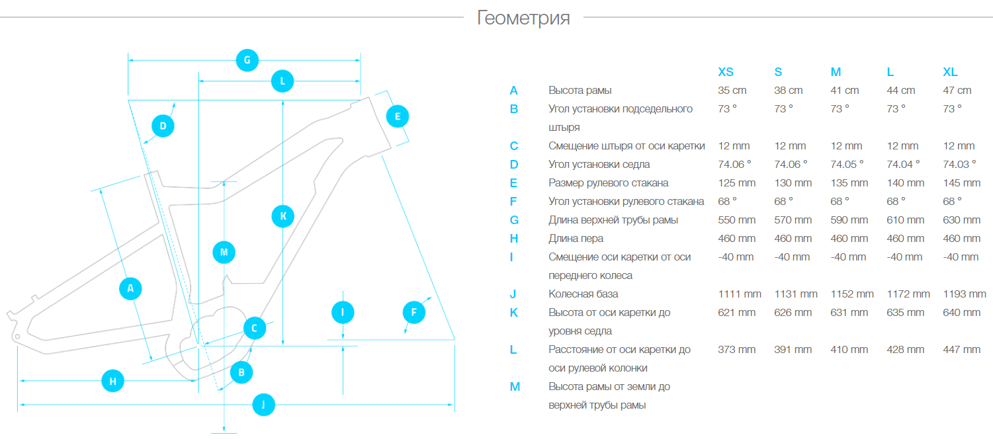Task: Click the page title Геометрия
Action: (523, 18)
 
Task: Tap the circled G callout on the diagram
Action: (247, 60)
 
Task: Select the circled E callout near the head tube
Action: (397, 116)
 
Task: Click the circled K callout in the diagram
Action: (283, 216)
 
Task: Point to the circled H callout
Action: (113, 381)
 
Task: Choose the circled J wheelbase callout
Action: (264, 405)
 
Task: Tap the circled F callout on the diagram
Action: (414, 312)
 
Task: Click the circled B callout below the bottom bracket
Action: (241, 372)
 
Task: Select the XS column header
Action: (726, 72)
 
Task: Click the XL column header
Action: (950, 72)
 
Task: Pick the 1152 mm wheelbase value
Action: (852, 294)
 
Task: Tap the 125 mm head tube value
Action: (737, 183)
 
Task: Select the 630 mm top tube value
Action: (961, 220)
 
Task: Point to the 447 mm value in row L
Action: (961, 350)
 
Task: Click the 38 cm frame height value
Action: (788, 91)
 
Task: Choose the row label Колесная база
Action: (583, 294)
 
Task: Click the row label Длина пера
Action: (576, 239)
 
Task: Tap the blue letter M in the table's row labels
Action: (515, 387)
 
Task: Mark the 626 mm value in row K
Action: (793, 313)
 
